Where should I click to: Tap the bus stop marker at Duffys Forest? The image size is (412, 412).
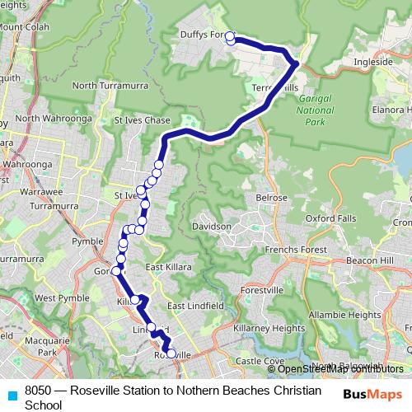click(231, 36)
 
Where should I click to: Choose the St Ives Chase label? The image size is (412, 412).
click(142, 119)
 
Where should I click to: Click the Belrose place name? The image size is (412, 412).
click(271, 198)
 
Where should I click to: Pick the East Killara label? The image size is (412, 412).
click(168, 268)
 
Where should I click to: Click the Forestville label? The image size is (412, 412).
click(262, 290)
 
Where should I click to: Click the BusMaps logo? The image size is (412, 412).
click(372, 394)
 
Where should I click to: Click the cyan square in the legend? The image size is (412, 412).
click(12, 394)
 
